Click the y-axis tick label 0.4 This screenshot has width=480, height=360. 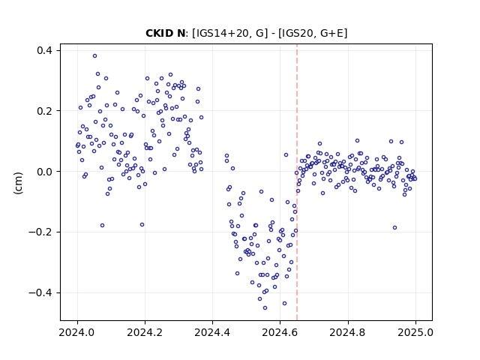44,50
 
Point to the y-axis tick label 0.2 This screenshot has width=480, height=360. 44,111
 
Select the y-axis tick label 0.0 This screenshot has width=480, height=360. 44,172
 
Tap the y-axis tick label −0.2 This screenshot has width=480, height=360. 40,232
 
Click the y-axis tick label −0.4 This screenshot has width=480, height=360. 40,292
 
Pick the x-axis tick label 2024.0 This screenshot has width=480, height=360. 77,332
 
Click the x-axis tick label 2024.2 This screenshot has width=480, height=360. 145,332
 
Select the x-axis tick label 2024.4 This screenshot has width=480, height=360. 212,332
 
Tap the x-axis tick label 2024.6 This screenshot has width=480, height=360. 280,332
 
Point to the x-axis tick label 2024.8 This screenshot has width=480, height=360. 348,332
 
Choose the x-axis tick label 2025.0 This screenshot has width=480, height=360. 415,332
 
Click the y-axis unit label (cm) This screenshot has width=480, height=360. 18,183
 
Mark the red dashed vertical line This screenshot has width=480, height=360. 297,182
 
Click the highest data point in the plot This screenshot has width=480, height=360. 95,56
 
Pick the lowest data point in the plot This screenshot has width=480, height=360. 265,308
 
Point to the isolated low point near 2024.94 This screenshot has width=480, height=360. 395,228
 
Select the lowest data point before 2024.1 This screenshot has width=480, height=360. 102,226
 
